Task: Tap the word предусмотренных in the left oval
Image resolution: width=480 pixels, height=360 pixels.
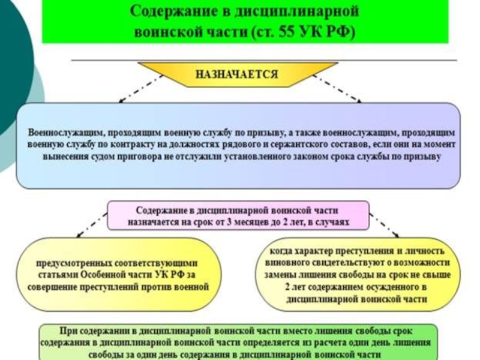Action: click(x=70, y=263)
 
